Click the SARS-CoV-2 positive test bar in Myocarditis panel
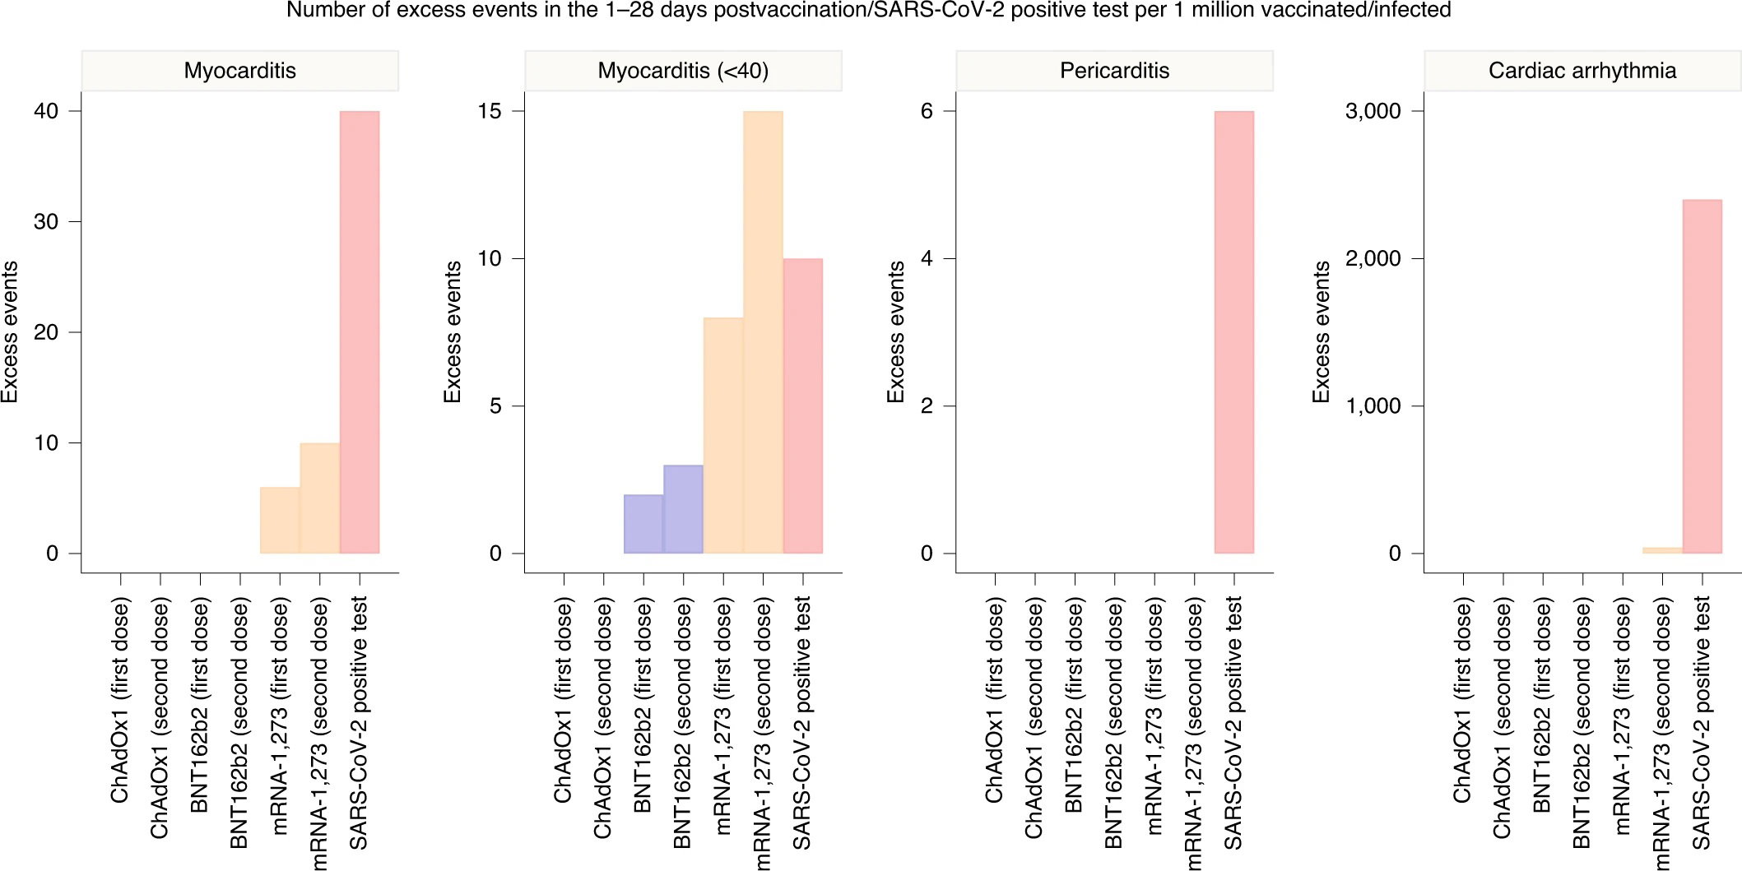[x=360, y=332]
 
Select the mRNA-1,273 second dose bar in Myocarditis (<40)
[x=763, y=332]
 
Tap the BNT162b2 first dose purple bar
[x=643, y=524]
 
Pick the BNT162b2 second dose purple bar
[x=683, y=509]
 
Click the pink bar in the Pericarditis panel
[x=1234, y=332]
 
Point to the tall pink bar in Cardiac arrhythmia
[x=1702, y=377]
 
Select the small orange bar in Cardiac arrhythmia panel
[x=1662, y=550]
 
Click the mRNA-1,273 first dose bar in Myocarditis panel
[x=280, y=521]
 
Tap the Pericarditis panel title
[x=1114, y=71]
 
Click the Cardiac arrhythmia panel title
[x=1582, y=71]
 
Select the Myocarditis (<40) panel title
[x=683, y=71]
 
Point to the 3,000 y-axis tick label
[x=1373, y=111]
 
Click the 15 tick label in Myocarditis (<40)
[x=490, y=111]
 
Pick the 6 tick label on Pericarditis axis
[x=927, y=111]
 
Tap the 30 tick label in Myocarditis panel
[x=46, y=221]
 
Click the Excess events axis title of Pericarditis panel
[x=895, y=332]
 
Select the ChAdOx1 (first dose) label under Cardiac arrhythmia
[x=1462, y=702]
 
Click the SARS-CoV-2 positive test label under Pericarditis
[x=1233, y=723]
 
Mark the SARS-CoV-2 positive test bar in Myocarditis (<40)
[x=803, y=406]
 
